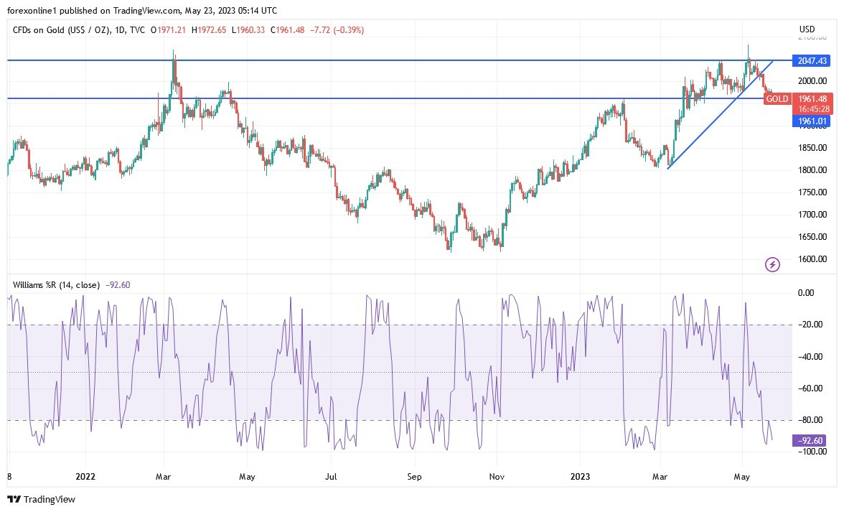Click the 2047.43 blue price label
click(810, 61)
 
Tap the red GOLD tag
click(777, 99)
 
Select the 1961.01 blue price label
click(810, 121)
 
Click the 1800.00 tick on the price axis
click(812, 170)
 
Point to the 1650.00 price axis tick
click(812, 237)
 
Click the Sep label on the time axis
click(413, 476)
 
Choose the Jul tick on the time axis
click(332, 476)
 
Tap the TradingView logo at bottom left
click(42, 499)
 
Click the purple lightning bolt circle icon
click(773, 265)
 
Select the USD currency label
click(807, 29)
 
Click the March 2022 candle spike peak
click(174, 52)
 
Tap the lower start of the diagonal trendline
click(667, 168)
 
